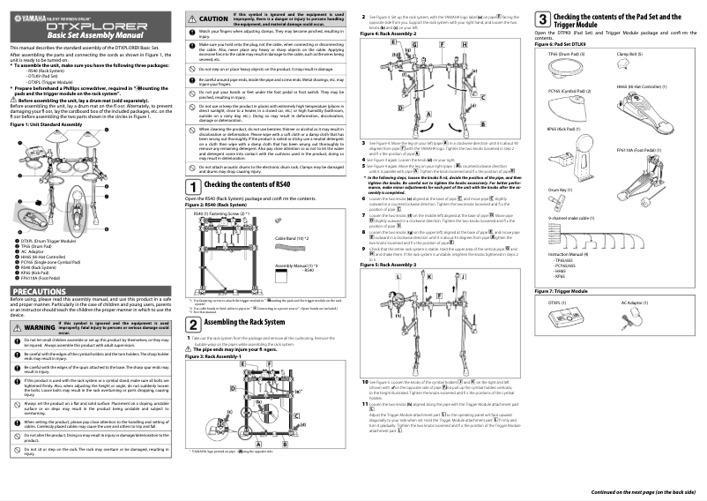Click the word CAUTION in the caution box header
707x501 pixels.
coord(214,19)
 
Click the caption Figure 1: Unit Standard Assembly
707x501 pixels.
coord(45,124)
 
